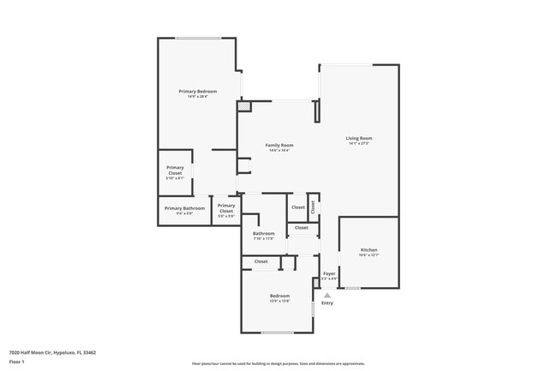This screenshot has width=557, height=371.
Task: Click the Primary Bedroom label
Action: [197, 92]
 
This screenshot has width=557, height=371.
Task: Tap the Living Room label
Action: [358, 138]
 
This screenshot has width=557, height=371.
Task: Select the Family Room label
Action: [279, 146]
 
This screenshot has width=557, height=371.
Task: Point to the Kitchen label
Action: [368, 250]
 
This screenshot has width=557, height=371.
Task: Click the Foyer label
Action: [329, 273]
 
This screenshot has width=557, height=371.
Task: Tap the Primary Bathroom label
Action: [184, 208]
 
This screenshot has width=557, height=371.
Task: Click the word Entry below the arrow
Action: [327, 303]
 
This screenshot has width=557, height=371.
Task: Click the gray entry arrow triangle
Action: [326, 294]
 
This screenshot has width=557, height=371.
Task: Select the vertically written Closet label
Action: [314, 206]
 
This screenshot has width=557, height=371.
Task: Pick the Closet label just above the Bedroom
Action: [261, 261]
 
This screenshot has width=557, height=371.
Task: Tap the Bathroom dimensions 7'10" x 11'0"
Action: [263, 238]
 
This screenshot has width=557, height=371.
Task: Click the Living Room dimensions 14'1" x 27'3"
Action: [358, 143]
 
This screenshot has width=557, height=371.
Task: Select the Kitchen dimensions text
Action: [368, 255]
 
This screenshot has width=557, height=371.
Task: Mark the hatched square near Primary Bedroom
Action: [243, 107]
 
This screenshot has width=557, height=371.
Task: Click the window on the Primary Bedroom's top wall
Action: [198, 38]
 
